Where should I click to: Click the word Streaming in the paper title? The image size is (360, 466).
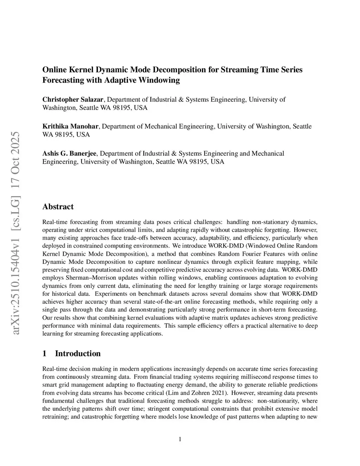point(239,70)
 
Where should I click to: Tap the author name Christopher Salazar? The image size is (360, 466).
point(73,100)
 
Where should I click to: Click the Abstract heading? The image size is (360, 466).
point(58,206)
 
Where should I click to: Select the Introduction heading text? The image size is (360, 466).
point(78,353)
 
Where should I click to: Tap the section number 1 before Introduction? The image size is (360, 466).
point(44,353)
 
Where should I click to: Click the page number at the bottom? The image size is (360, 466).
point(180,439)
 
